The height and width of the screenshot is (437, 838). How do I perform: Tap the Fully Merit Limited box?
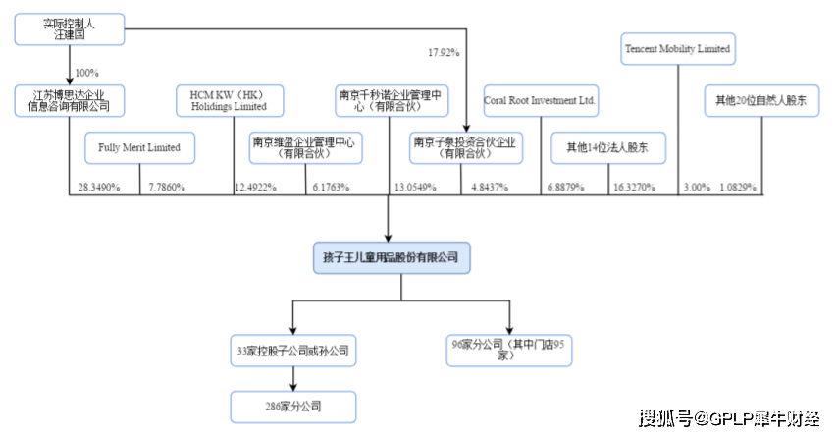tap(139, 148)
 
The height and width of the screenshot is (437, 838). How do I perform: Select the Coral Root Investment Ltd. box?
tap(541, 101)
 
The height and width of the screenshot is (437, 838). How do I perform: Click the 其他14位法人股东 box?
tap(608, 148)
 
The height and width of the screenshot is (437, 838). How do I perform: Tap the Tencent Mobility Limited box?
tap(678, 48)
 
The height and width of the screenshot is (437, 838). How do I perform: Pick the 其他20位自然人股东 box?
tap(761, 101)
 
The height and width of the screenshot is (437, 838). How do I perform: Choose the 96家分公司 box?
tap(507, 351)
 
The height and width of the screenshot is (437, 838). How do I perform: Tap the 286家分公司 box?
tap(291, 406)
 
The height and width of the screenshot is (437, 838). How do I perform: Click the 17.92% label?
tap(444, 51)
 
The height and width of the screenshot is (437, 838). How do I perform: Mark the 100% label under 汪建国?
tap(87, 73)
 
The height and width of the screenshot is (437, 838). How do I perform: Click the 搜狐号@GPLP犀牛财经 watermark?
tap(730, 419)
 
